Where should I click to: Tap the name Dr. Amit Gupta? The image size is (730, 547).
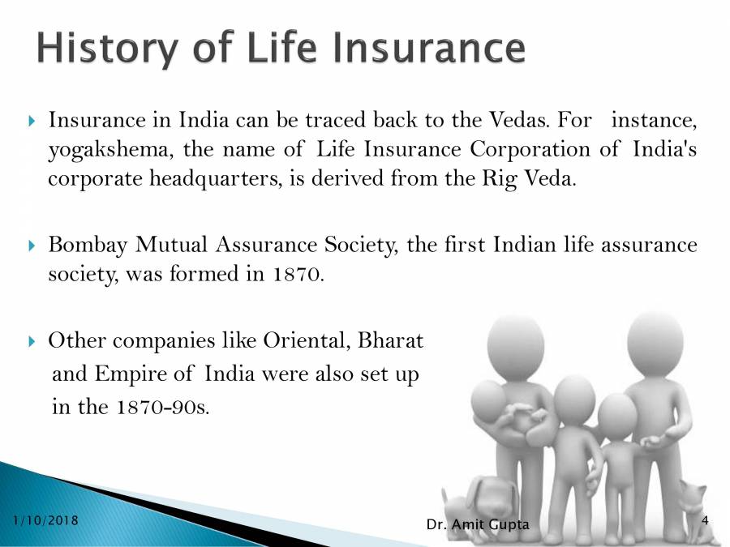click(477, 525)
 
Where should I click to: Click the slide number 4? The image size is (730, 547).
click(704, 519)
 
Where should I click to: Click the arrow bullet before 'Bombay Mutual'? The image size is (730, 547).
click(32, 245)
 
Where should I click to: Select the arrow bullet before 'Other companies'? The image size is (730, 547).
click(32, 341)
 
